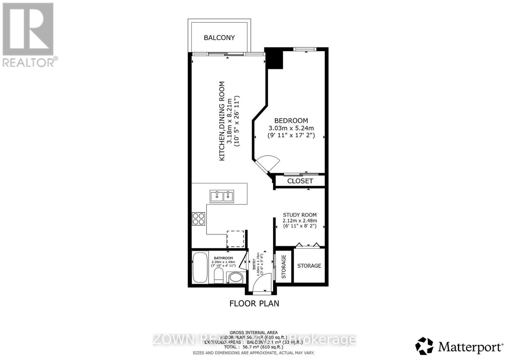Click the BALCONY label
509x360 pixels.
point(219,38)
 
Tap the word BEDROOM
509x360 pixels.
point(291,121)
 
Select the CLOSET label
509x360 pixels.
point(300,181)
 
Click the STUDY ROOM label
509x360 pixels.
point(300,215)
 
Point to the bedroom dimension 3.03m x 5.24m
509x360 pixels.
point(291,128)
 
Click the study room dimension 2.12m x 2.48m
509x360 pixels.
point(300,221)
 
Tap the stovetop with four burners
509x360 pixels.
point(199,219)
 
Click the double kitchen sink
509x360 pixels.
point(222,196)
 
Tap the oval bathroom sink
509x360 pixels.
point(235,277)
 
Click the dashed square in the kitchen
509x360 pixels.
point(235,239)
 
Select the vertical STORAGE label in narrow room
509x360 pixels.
point(284,266)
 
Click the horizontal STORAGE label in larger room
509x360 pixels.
point(309,265)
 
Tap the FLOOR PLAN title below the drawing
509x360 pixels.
point(254,303)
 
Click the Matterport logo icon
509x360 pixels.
point(424,346)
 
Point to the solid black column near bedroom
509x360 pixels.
point(274,58)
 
